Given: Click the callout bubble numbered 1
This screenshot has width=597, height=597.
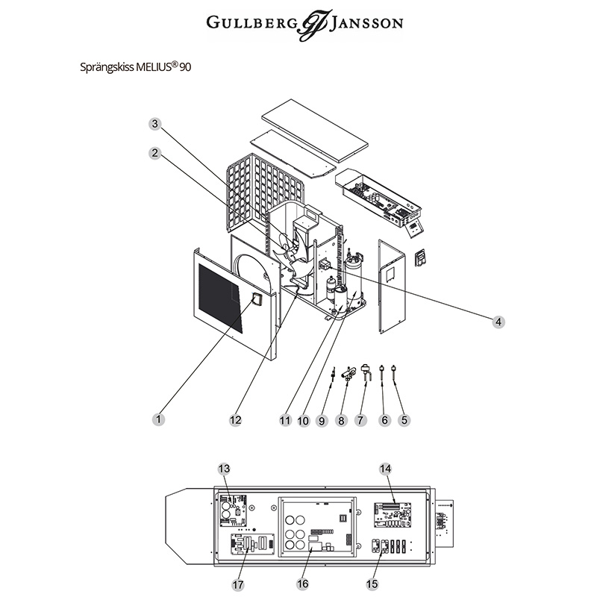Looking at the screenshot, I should [x=158, y=419].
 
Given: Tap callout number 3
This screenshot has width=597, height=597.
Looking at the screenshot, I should [x=154, y=124].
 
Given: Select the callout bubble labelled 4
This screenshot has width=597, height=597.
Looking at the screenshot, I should [x=498, y=322].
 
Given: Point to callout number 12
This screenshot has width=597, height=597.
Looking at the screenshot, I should [x=236, y=419].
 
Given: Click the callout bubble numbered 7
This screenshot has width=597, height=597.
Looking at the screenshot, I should [x=361, y=420].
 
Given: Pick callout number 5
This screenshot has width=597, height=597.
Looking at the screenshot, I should [x=404, y=420].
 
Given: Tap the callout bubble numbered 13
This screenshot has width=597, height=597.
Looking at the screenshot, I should [x=224, y=469].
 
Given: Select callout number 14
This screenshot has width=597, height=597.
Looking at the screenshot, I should [x=385, y=469].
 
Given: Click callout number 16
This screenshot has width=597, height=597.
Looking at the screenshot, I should [x=302, y=584].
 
